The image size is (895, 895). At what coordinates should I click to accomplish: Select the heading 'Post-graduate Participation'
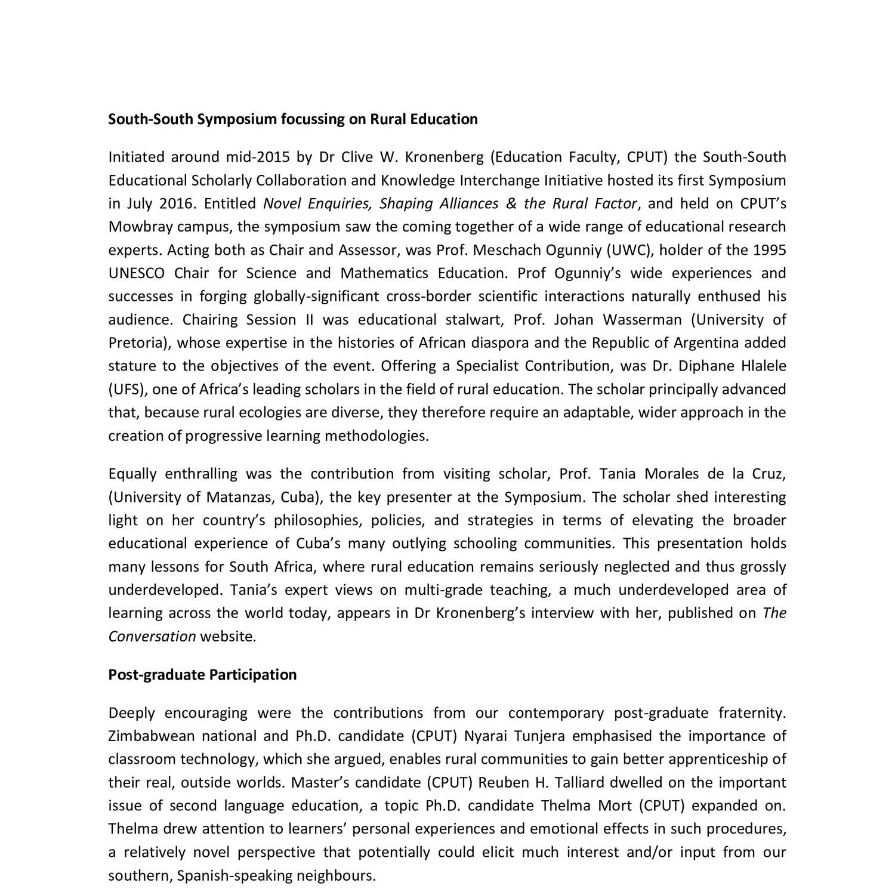coord(202,675)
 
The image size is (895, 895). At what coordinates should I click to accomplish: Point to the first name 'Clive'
coord(357,157)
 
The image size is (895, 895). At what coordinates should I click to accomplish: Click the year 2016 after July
coord(177,203)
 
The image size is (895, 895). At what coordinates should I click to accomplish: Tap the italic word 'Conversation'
coord(152,637)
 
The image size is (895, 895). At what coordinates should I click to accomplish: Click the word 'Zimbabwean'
coord(152,736)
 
